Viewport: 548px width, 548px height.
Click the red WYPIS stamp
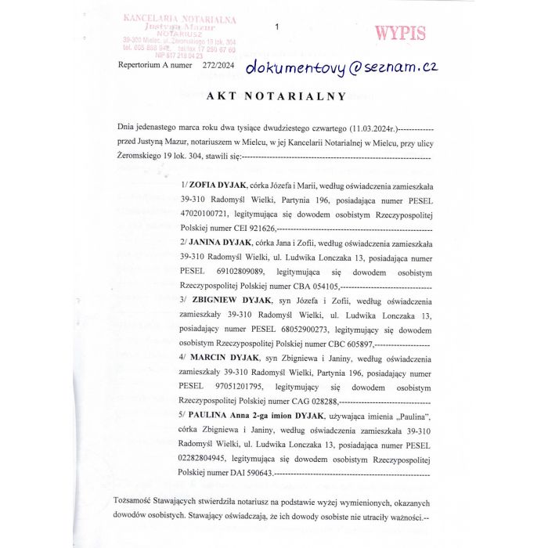coord(400,34)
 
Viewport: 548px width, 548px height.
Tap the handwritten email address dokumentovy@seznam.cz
coord(341,68)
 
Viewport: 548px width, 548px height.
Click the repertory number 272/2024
coord(218,66)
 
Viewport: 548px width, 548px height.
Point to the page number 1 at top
coord(277,27)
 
